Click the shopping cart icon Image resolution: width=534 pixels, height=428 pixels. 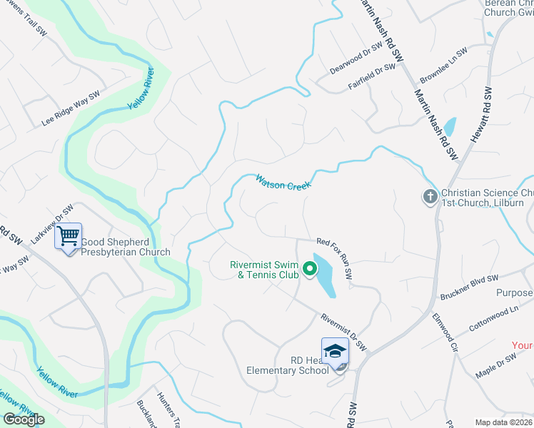tap(69, 235)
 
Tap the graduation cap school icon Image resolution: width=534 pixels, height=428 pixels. tap(334, 351)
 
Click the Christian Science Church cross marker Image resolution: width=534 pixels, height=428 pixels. tap(430, 197)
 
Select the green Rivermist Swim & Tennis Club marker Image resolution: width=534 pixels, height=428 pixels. tap(310, 269)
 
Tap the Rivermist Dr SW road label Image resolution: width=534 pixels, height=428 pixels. tap(343, 332)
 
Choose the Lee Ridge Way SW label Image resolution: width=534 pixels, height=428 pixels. tap(70, 108)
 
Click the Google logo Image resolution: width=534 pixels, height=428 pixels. tap(24, 419)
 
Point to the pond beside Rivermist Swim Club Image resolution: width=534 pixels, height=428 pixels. tap(324, 275)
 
